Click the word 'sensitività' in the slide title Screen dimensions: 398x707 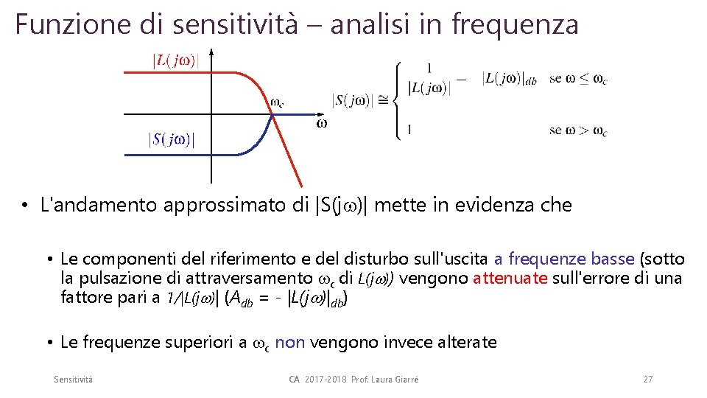coord(236,24)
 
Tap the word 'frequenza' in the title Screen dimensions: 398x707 coord(515,24)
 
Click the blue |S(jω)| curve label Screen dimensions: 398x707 coord(172,139)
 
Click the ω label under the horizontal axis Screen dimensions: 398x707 coord(322,124)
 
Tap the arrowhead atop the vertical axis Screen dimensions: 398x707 coord(211,52)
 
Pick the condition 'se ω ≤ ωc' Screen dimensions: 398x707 coord(578,79)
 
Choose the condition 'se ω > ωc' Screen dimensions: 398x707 coord(578,130)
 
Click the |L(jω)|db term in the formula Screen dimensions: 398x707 coord(512,79)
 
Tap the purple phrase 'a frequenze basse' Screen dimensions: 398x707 coord(564,259)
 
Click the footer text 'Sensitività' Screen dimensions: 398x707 coord(73,379)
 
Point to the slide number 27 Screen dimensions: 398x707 coord(648,379)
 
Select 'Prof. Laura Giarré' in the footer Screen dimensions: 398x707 coord(391,379)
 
